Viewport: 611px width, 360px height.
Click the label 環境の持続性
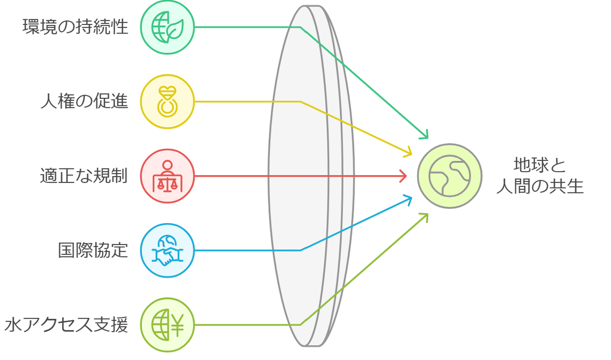[75, 26]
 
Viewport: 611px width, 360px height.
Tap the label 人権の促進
[85, 101]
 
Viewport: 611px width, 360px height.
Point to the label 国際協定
[93, 250]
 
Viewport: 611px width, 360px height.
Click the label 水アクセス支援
[66, 324]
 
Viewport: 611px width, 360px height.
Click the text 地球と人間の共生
[540, 176]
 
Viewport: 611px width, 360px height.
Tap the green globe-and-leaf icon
[168, 27]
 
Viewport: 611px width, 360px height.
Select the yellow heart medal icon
[168, 101]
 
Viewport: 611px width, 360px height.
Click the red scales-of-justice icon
[168, 176]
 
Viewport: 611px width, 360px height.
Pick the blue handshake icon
[168, 251]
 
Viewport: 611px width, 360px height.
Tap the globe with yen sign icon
[168, 325]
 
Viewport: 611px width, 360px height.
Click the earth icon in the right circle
[450, 176]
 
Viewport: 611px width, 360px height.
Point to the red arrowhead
[403, 176]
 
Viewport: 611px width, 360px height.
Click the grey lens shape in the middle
[311, 176]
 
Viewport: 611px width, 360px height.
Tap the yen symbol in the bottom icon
[178, 325]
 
